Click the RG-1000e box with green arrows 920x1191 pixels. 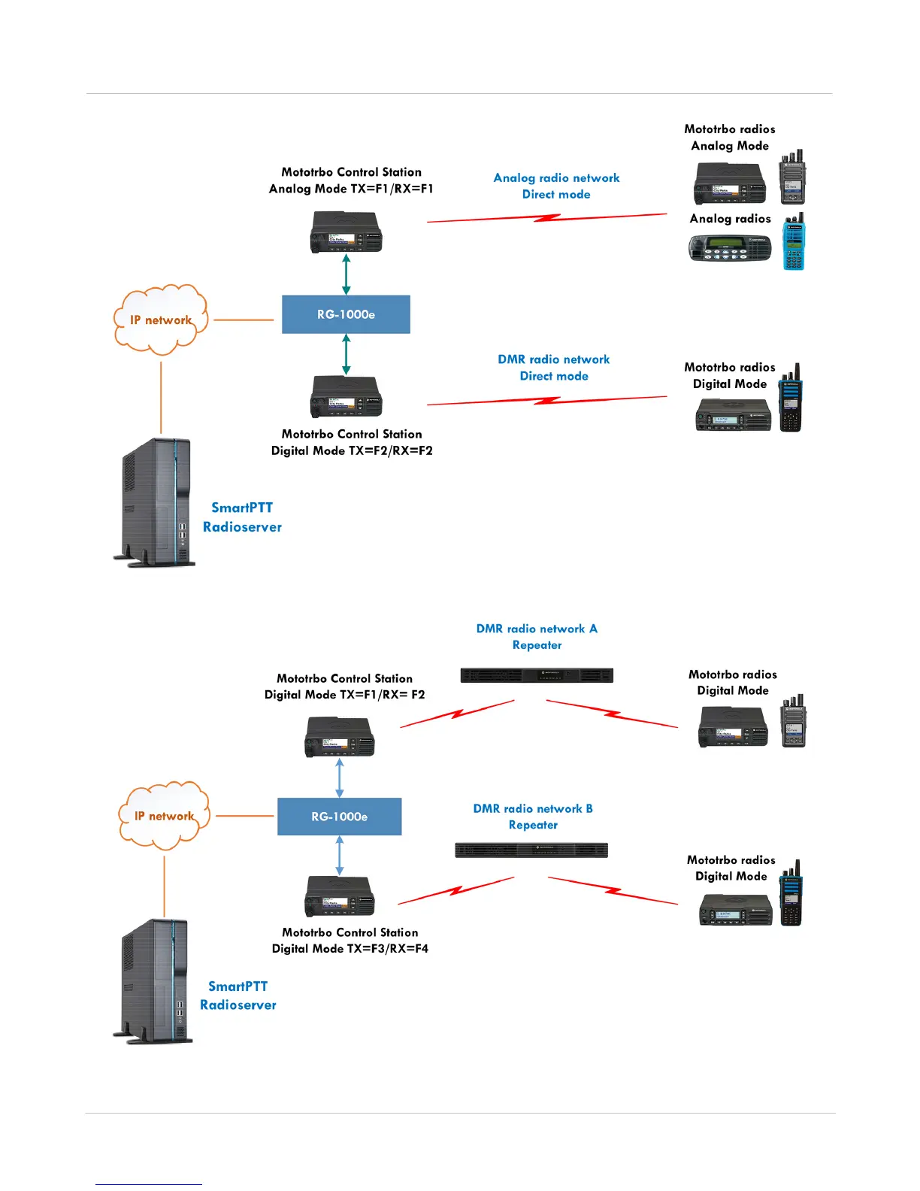tap(346, 314)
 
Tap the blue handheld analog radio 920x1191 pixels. tap(794, 241)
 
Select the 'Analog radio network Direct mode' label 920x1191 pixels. tap(556, 186)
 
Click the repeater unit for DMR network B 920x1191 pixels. tap(531, 850)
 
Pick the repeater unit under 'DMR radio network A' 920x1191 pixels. tap(537, 675)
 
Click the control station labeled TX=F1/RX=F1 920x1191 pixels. tap(346, 232)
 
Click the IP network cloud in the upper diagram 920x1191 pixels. tap(160, 320)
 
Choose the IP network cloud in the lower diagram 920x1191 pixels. tap(165, 816)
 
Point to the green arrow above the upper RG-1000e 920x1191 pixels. tap(346, 274)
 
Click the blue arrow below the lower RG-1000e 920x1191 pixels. tap(340, 856)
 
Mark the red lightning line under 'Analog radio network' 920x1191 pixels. tap(547, 218)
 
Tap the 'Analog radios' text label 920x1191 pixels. tap(730, 219)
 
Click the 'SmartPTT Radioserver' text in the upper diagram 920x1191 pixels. tap(242, 517)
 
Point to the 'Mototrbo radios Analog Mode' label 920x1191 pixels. tap(730, 138)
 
